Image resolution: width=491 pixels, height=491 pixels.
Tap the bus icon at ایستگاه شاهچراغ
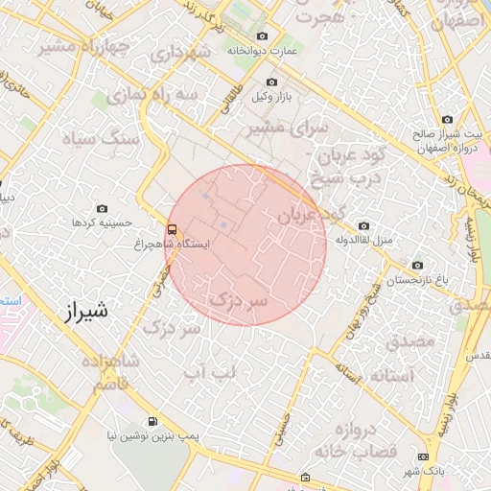tap(172, 229)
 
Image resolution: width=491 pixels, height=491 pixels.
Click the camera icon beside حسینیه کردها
tap(103, 208)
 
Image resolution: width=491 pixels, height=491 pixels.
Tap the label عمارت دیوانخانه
tap(264, 50)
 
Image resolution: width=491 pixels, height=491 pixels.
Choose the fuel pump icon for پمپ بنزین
tap(152, 422)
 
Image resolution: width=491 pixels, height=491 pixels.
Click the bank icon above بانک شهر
tap(424, 456)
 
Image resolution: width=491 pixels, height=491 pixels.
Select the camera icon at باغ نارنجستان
tap(417, 265)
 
